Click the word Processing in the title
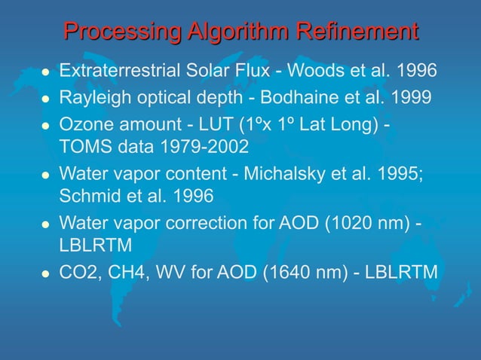(x=120, y=32)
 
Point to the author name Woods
(x=329, y=72)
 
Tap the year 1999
(x=413, y=98)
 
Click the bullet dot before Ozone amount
(x=44, y=125)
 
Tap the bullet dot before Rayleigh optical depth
(x=44, y=99)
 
